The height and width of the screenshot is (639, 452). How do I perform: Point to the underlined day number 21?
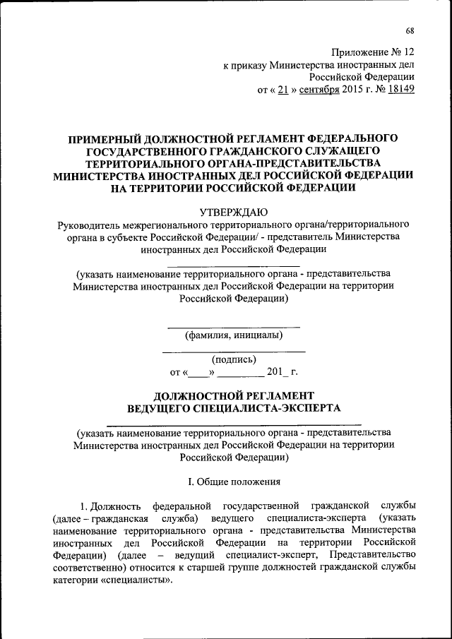coord(280,90)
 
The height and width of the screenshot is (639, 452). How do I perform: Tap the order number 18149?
coord(399,90)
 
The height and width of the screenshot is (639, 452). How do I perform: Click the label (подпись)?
coord(234,359)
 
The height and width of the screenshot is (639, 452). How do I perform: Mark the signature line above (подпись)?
coord(234,351)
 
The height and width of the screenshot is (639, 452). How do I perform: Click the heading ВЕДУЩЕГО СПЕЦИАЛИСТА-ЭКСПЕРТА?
coord(234,408)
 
